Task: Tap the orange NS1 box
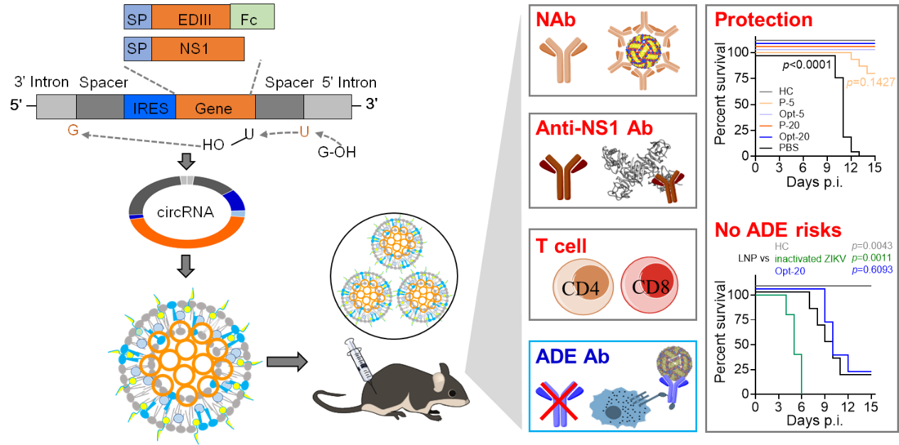click(x=198, y=48)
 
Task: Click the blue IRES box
click(x=149, y=107)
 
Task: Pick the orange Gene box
click(x=215, y=107)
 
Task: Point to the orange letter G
click(x=72, y=131)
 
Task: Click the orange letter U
click(x=303, y=132)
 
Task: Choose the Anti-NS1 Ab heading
click(x=595, y=128)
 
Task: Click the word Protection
click(x=763, y=20)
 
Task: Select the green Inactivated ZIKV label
click(x=810, y=258)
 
